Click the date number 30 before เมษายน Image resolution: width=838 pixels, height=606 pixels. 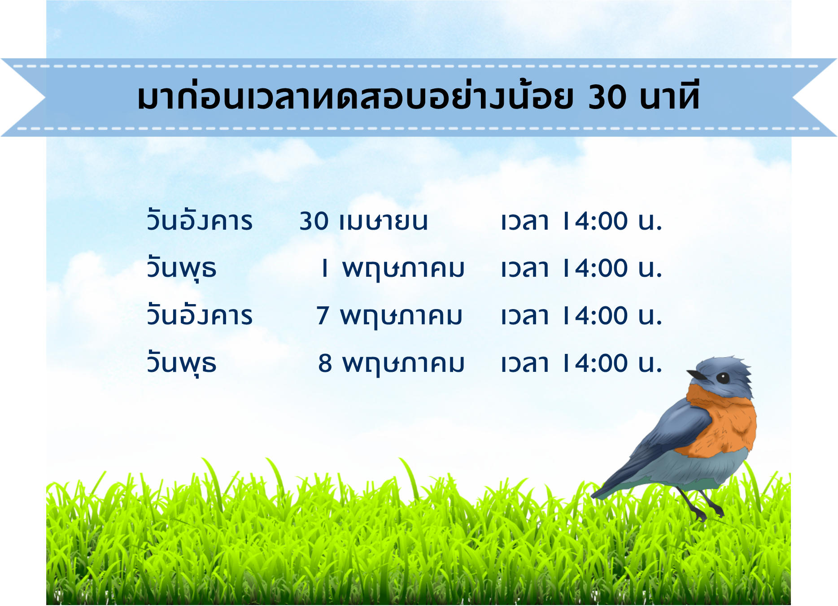point(314,221)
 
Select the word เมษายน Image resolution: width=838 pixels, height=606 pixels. point(384,222)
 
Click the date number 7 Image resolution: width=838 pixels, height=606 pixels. point(323,316)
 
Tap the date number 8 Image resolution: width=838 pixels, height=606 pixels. point(325,363)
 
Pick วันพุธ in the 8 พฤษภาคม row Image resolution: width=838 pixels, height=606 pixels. point(182,364)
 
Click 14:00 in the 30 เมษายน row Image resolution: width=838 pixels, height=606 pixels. point(595,221)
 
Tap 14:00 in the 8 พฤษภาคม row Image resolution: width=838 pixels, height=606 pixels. point(595,363)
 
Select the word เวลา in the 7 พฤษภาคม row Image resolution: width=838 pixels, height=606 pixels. point(525,316)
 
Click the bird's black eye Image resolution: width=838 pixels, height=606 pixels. point(723,378)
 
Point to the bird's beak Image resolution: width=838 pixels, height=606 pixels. point(697,374)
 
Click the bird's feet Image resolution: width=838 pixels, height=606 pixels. point(707,511)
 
